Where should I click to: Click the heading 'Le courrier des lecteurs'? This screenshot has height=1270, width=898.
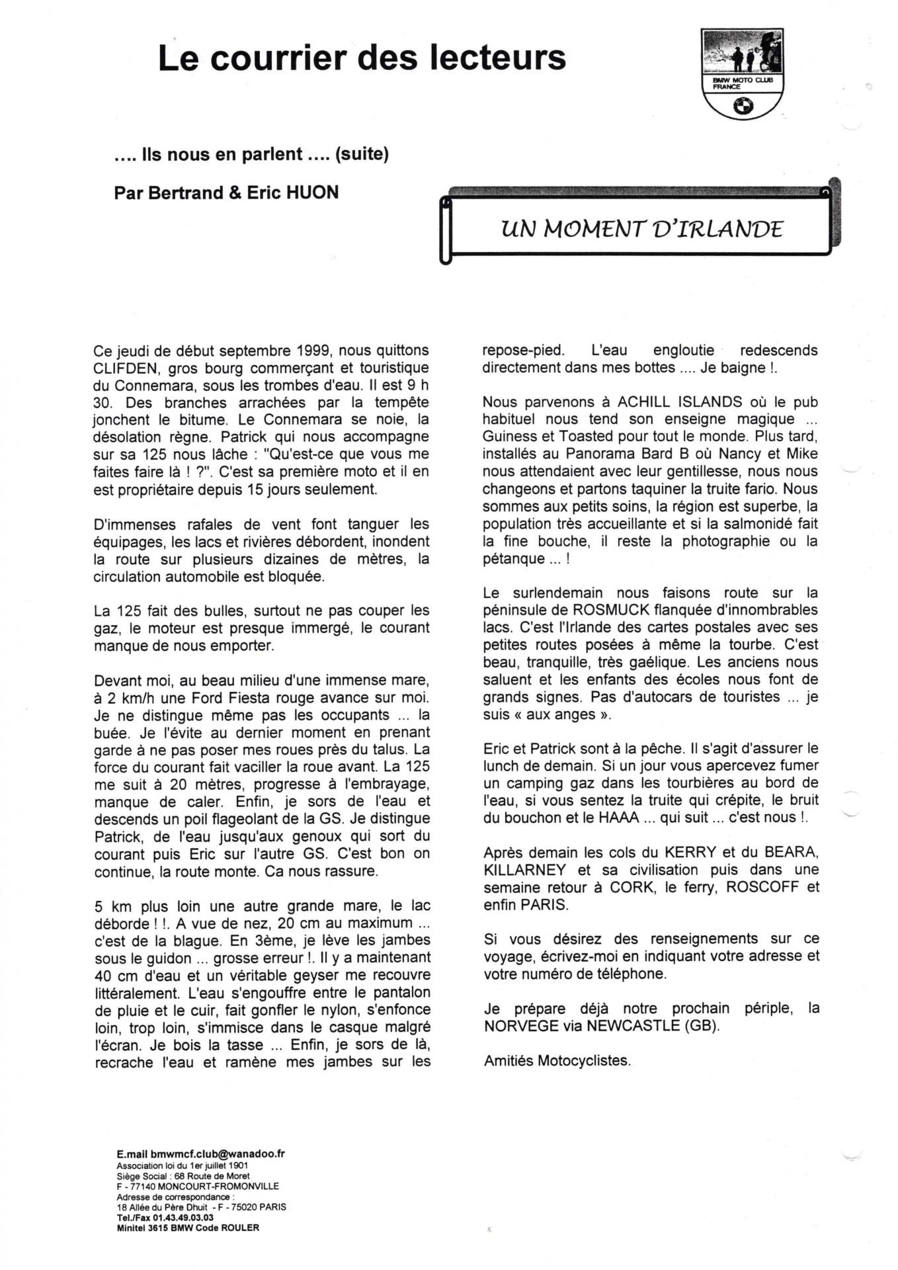click(x=362, y=58)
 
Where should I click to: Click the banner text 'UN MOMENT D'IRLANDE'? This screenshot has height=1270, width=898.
click(x=641, y=229)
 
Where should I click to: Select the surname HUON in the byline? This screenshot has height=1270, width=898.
click(x=312, y=192)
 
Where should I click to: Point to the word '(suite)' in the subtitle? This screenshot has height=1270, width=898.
click(x=362, y=154)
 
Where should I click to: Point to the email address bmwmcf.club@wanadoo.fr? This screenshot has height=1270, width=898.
click(x=218, y=1153)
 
